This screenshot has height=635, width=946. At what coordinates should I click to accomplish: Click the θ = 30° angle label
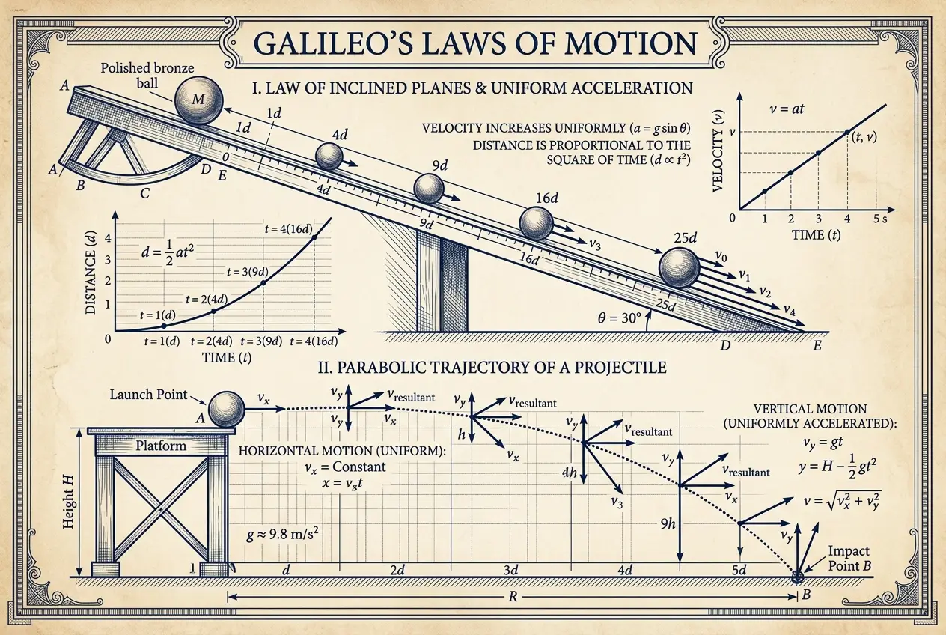[x=618, y=317]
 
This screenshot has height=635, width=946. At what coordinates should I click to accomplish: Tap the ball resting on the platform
[x=227, y=409]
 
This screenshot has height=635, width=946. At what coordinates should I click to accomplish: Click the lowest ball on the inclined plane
[x=680, y=267]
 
